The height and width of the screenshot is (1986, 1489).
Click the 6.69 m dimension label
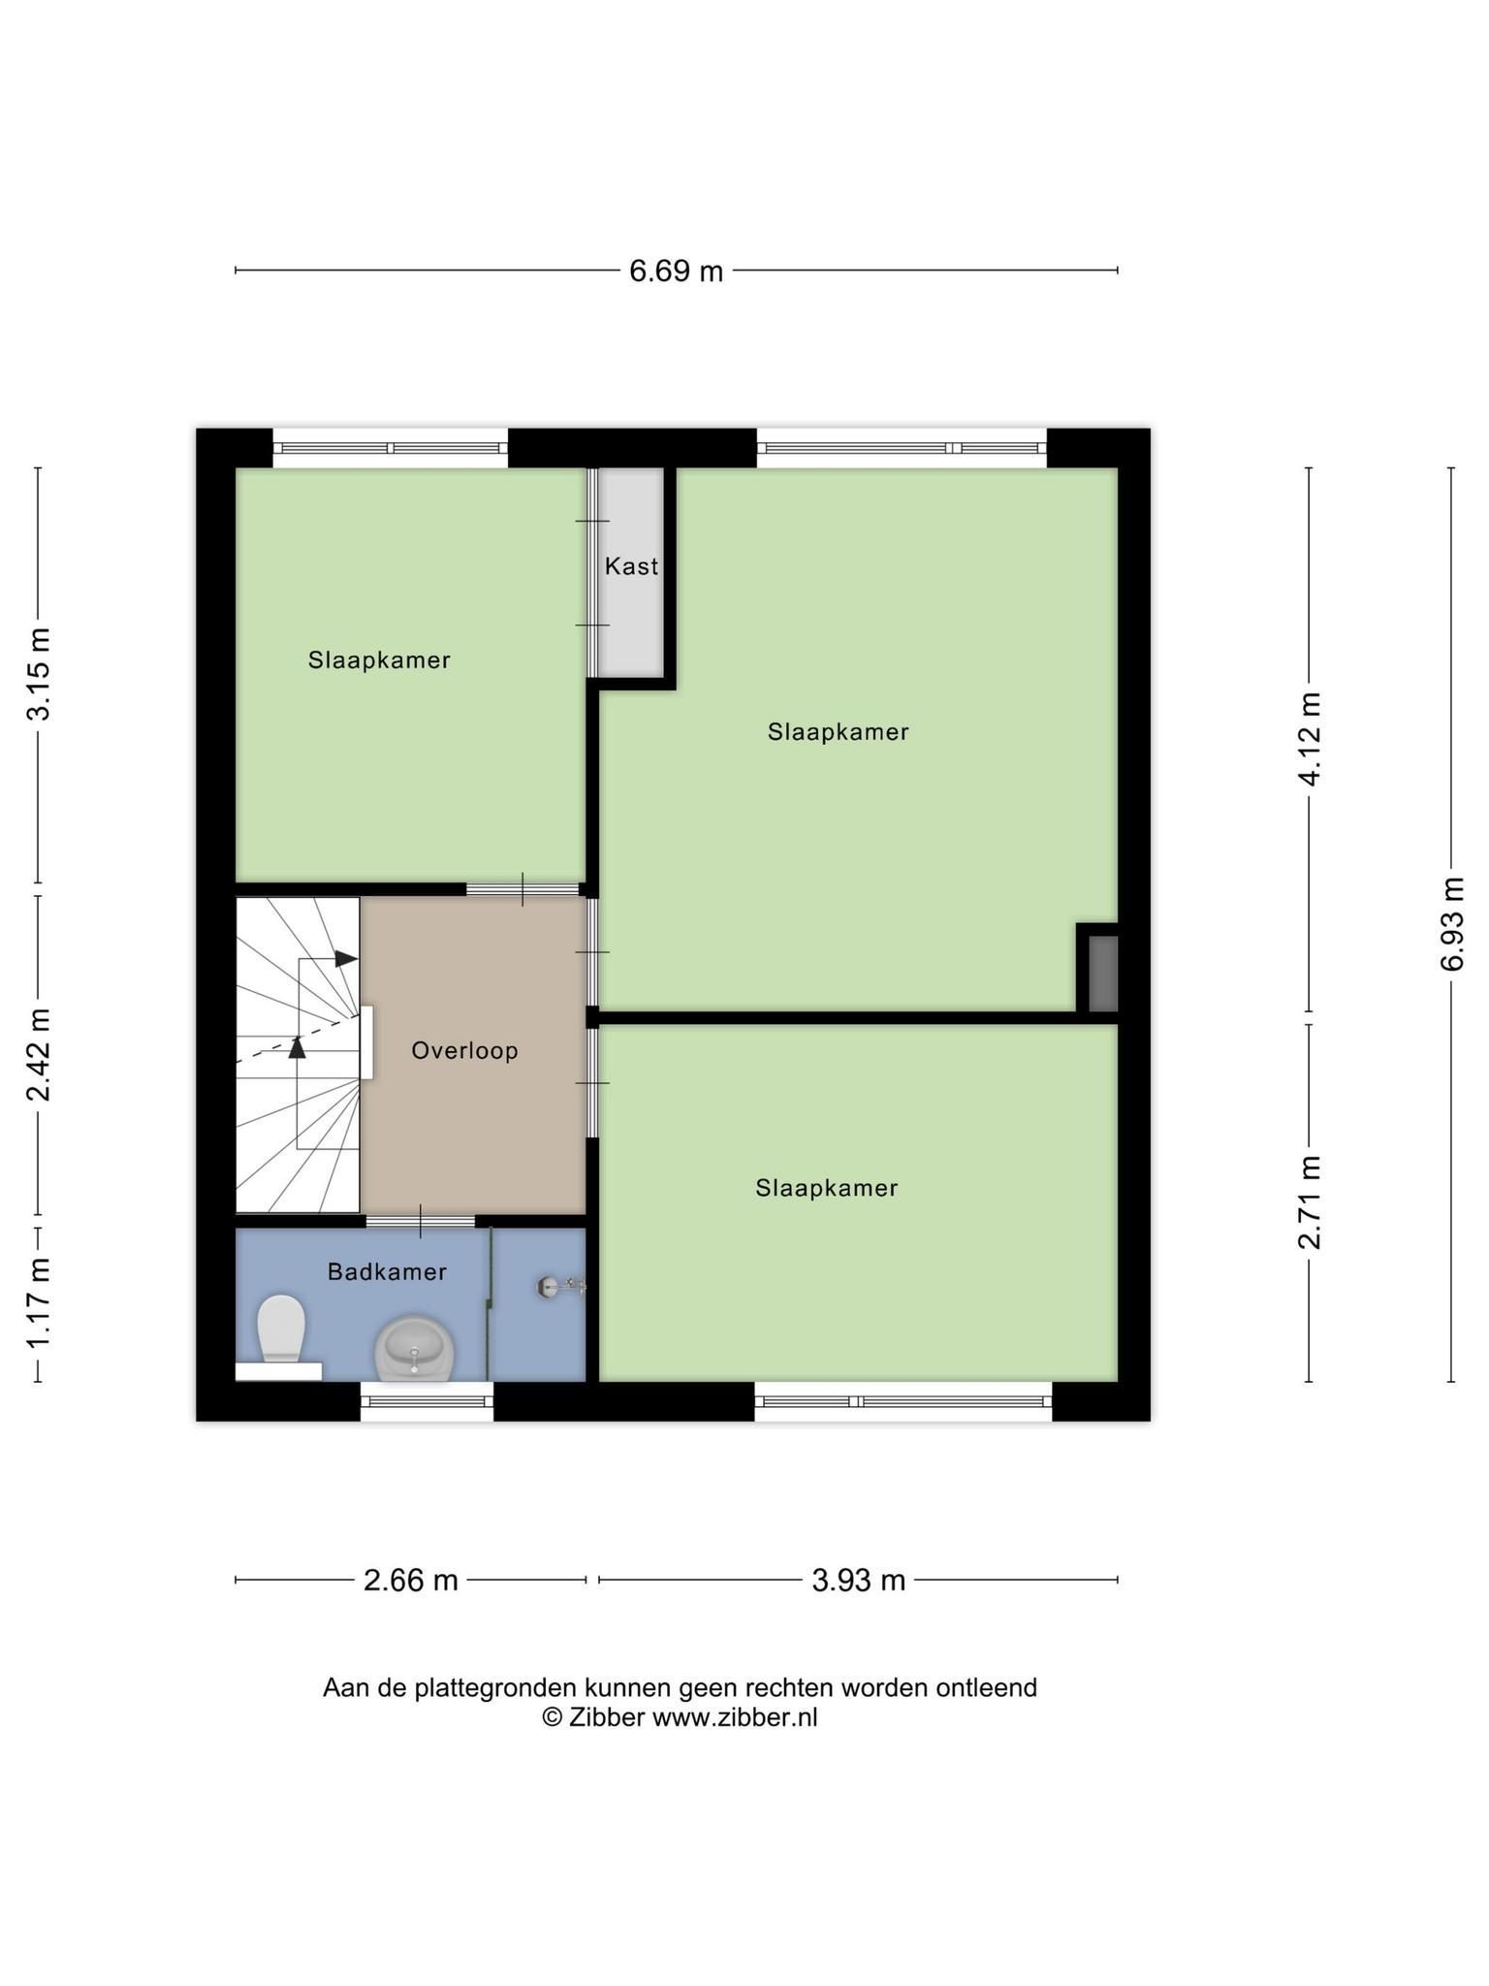coord(676,271)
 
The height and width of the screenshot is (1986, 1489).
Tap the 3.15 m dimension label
coord(39,674)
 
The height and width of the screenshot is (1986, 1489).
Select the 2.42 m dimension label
coord(39,1055)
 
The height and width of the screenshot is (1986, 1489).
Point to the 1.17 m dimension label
coord(39,1303)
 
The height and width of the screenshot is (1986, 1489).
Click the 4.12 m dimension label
coord(1310,740)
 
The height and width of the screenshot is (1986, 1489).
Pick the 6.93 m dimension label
coord(1452,924)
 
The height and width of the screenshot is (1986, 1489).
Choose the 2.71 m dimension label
coord(1310,1202)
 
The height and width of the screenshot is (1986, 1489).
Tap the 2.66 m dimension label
coord(410,1581)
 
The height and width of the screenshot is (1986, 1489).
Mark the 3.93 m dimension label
coord(858,1581)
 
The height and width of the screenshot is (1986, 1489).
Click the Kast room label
coord(631,566)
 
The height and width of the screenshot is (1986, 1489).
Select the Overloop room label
coord(464,1050)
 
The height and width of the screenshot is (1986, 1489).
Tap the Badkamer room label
coord(387,1271)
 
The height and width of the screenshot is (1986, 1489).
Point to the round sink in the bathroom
coord(415,1348)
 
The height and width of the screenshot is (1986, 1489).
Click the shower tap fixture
coord(561,1287)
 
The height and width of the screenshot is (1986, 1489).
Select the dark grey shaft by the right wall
coord(1103,974)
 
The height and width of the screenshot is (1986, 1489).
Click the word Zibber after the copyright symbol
coord(607,1717)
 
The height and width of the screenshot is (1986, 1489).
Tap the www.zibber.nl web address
coord(735,1717)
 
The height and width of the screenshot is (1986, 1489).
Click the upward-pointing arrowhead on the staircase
coord(298,1046)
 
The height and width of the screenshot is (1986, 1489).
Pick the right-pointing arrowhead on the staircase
coord(347,958)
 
